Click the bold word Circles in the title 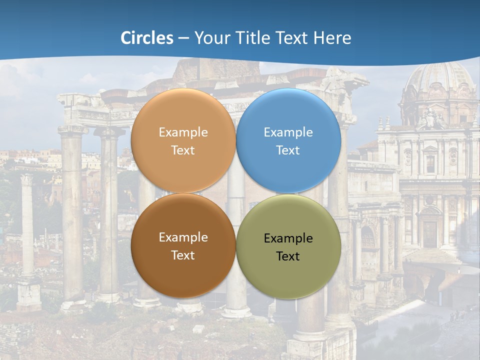pos(147,38)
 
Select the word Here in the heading pos(332,38)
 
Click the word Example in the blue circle pos(288,132)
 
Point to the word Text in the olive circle pos(288,256)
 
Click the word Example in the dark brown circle pos(183,237)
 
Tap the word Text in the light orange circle pos(183,150)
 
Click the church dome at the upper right pos(440,80)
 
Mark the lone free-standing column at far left pos(27,225)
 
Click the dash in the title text pos(183,38)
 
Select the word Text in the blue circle pos(288,150)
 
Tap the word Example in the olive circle pos(288,238)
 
